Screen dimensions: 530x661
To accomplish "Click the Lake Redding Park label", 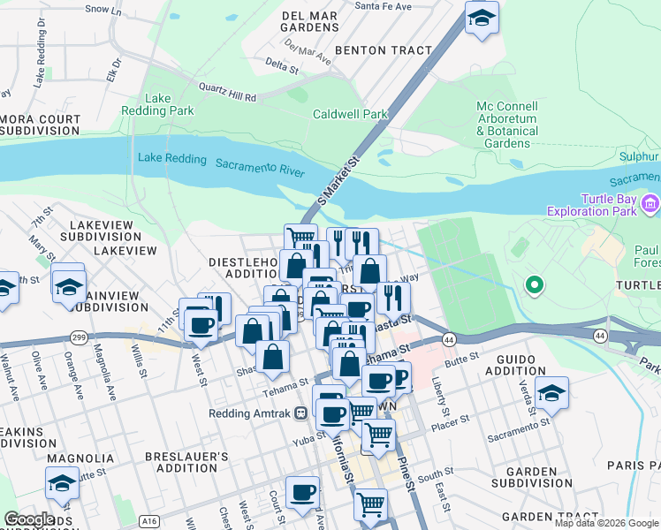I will point(169,104).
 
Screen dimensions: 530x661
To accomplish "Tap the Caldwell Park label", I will point(350,114).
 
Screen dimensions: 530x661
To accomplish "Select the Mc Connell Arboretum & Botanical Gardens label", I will point(507,125).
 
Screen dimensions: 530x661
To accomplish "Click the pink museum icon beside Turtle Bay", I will point(651,205).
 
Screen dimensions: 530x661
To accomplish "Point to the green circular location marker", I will point(534,285).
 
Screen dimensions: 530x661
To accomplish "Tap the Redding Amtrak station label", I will point(250,413).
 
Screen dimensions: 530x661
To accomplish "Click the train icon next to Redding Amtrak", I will point(301,413).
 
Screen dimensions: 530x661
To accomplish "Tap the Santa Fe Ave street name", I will point(383,6).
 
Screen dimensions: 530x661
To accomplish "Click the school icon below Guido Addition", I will point(551,394).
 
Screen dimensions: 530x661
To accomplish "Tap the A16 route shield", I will point(143,521).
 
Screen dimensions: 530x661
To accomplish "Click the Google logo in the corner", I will point(28,519).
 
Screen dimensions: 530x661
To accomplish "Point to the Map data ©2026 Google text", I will point(606,523).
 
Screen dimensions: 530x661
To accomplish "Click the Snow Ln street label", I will point(103,10).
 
